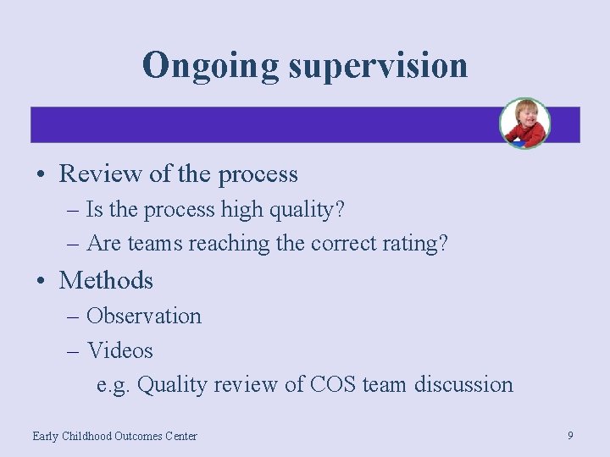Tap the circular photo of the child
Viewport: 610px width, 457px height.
point(524,124)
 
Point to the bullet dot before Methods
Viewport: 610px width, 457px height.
point(41,281)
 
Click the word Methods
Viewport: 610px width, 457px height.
point(106,280)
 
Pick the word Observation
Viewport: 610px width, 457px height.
point(144,316)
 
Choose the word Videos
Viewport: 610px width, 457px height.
point(119,350)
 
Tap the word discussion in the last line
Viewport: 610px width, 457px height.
point(463,384)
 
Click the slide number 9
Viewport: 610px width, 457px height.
point(570,435)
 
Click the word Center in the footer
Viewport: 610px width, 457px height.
point(180,436)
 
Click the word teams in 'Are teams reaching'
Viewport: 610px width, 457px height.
point(155,244)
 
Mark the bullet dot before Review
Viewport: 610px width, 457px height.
point(41,175)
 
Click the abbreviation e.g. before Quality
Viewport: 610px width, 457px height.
point(114,385)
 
